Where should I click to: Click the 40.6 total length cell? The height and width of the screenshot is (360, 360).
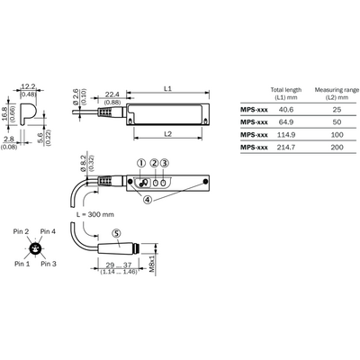[x=285, y=110]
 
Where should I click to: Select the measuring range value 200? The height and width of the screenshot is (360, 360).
[x=337, y=148]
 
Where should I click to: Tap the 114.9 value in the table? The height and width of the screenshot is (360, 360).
[x=285, y=135]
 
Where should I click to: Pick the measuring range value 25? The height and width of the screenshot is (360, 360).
[x=337, y=110]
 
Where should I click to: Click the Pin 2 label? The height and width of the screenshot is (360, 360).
[x=21, y=231]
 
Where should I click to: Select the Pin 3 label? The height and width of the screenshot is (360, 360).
[x=49, y=264]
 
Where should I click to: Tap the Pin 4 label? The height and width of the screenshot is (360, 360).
[x=48, y=231]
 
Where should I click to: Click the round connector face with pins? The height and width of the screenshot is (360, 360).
[x=35, y=248]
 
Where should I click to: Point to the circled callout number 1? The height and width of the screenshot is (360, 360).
[x=140, y=163]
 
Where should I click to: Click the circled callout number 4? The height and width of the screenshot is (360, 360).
[x=148, y=199]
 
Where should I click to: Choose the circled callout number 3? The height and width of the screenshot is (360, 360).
[x=164, y=163]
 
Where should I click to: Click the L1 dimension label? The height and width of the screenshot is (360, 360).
[x=167, y=89]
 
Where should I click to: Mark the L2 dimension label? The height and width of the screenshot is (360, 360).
[x=167, y=134]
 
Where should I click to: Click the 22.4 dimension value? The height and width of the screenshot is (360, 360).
[x=112, y=94]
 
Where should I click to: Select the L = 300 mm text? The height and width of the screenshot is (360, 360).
[x=95, y=214]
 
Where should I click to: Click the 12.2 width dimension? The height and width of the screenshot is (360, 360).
[x=28, y=86]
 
